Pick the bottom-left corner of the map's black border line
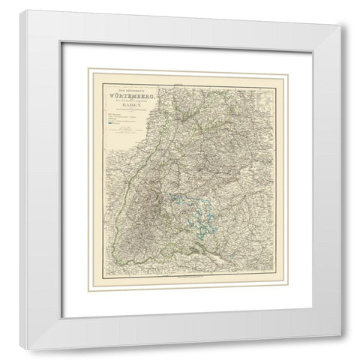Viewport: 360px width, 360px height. (101, 274)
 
